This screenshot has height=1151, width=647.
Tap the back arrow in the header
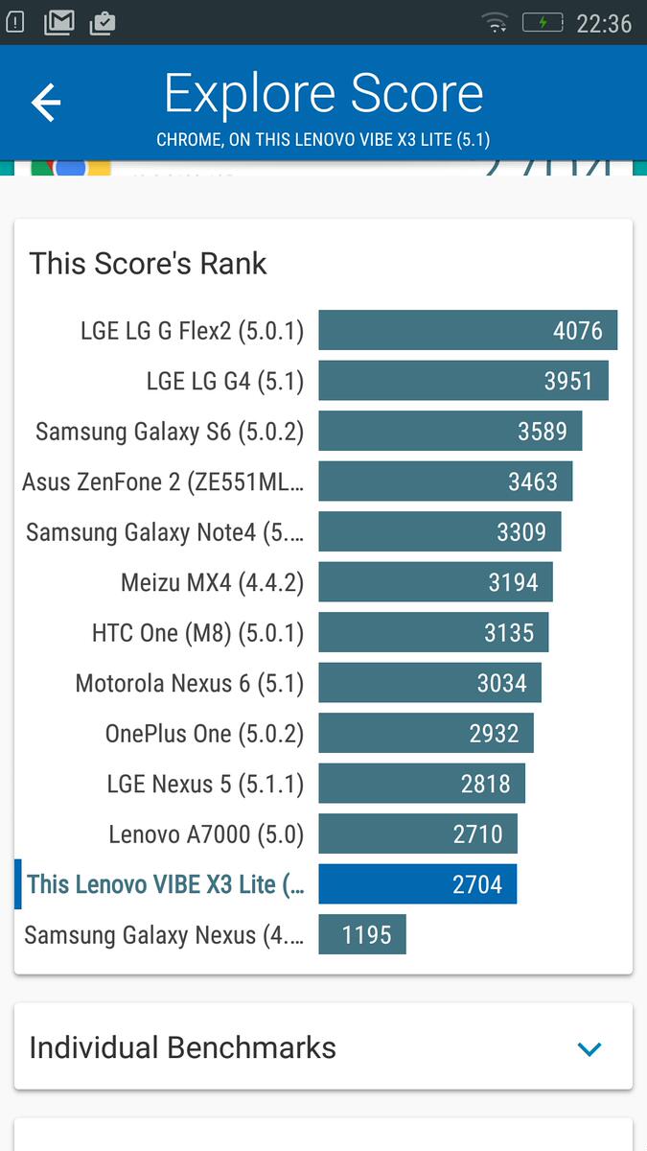point(46,103)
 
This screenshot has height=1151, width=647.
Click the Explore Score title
point(323,94)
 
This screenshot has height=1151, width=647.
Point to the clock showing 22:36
point(604,23)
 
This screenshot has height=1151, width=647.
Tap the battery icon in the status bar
point(543,22)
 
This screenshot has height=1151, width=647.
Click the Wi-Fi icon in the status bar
point(496,22)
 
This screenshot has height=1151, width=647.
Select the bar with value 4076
point(468,331)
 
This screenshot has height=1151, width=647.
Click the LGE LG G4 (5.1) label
point(224,381)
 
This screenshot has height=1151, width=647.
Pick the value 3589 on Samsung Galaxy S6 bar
point(543,432)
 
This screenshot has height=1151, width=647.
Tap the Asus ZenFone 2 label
point(163,482)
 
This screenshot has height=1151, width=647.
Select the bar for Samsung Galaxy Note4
point(440,531)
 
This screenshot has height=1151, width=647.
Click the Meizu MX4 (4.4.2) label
point(212,582)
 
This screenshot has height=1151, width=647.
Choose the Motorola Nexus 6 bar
point(429,683)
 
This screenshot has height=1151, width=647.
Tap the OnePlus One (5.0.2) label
point(204,734)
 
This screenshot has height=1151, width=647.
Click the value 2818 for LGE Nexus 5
point(486,784)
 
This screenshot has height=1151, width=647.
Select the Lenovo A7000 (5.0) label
point(206,834)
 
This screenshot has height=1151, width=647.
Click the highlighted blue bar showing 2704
point(417,884)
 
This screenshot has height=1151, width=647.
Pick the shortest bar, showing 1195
point(362,935)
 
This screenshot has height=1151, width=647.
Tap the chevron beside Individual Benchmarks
point(589,1048)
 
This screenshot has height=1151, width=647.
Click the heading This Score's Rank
point(149,264)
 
